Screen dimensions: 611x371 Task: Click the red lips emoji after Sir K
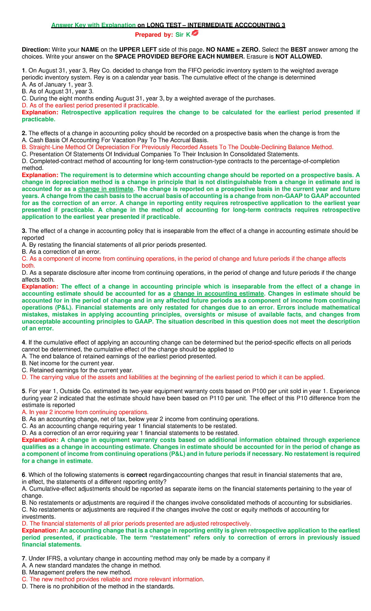[195, 33]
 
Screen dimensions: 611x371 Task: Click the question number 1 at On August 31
[23, 70]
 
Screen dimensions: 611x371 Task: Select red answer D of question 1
[90, 105]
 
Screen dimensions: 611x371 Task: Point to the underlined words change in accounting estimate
[219, 293]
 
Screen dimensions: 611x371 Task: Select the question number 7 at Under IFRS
[23, 558]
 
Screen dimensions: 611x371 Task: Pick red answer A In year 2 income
[85, 412]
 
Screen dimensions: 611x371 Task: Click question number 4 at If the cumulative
[23, 342]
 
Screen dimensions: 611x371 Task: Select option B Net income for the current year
[68, 363]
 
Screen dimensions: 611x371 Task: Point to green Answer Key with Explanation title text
[93, 25]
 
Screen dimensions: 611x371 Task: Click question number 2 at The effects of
[24, 133]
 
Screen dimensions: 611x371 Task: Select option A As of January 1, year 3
[58, 84]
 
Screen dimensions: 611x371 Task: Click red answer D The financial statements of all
[136, 523]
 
